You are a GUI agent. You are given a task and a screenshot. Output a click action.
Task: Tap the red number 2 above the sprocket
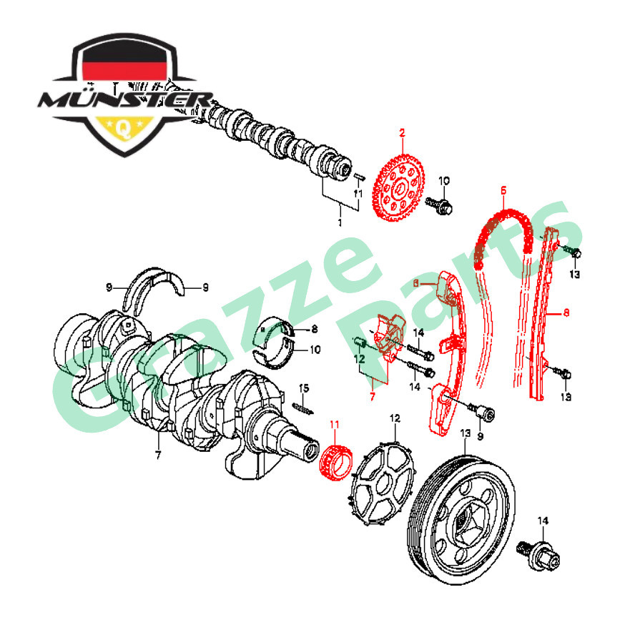pos(402,132)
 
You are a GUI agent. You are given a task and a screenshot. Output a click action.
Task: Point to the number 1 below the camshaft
pos(340,223)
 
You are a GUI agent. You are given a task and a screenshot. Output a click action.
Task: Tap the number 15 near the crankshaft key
pos(304,388)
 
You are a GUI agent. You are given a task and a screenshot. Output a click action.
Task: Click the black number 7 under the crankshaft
pos(158,455)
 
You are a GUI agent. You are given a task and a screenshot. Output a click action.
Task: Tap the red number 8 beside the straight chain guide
pos(566,312)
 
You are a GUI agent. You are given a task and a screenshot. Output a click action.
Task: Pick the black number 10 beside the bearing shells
pos(296,350)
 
